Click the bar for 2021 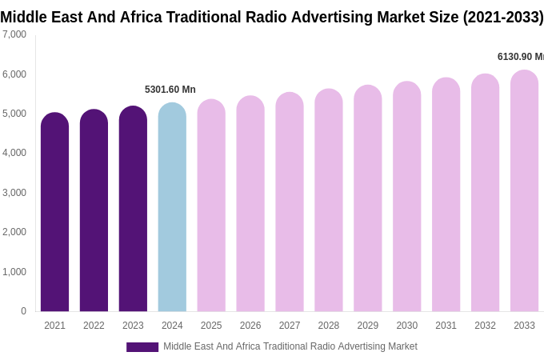pyautogui.click(x=54, y=212)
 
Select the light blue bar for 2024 pyautogui.click(x=172, y=207)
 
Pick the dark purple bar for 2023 pyautogui.click(x=133, y=209)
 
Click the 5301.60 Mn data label pyautogui.click(x=170, y=90)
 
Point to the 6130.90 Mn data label pyautogui.click(x=520, y=57)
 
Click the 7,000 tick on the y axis pyautogui.click(x=14, y=34)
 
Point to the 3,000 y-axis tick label pyautogui.click(x=14, y=193)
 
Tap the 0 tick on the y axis pyautogui.click(x=23, y=311)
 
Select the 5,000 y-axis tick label pyautogui.click(x=14, y=114)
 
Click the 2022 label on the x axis pyautogui.click(x=94, y=326)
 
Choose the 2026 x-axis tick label pyautogui.click(x=250, y=326)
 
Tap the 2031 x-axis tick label pyautogui.click(x=446, y=326)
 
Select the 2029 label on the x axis pyautogui.click(x=367, y=326)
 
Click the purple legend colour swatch pyautogui.click(x=142, y=347)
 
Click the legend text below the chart pyautogui.click(x=290, y=346)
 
